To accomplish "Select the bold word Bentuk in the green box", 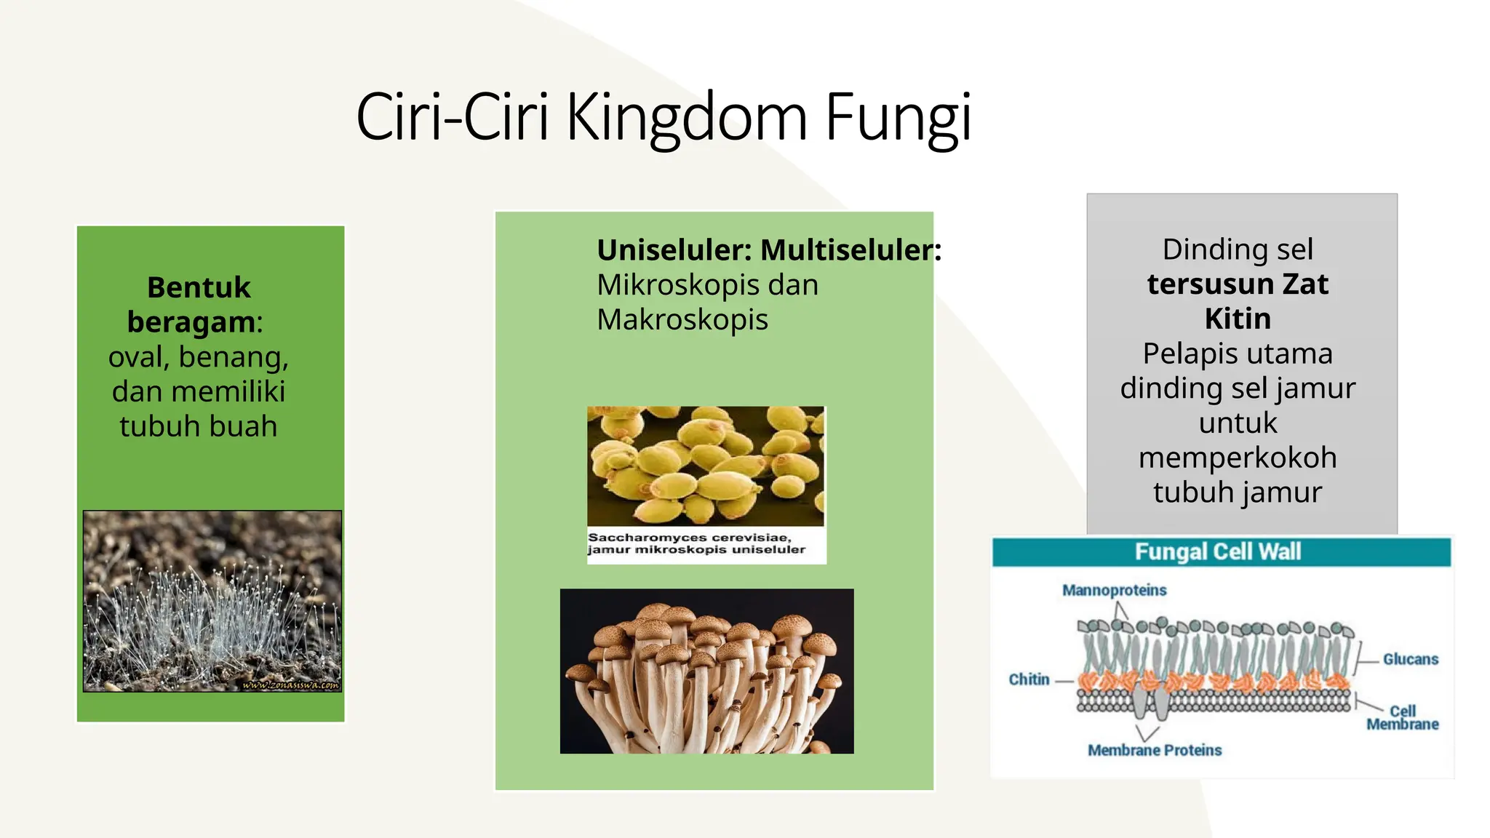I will pyautogui.click(x=199, y=287).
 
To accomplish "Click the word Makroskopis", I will pyautogui.click(x=682, y=319).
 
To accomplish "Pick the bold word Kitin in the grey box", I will pyautogui.click(x=1237, y=319).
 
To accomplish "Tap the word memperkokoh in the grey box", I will pyautogui.click(x=1237, y=458).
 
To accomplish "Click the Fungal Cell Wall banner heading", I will pyautogui.click(x=1217, y=552).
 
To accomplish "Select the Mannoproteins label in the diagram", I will pyautogui.click(x=1114, y=590).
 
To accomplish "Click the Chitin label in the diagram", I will pyautogui.click(x=1029, y=679).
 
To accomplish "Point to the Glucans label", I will pyautogui.click(x=1410, y=659).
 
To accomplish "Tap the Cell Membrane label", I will pyautogui.click(x=1402, y=717).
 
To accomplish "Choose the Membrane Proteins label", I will pyautogui.click(x=1154, y=750).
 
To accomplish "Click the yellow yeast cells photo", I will pyautogui.click(x=705, y=466).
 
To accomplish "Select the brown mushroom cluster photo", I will pyautogui.click(x=706, y=671).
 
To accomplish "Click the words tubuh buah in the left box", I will pyautogui.click(x=199, y=426).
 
